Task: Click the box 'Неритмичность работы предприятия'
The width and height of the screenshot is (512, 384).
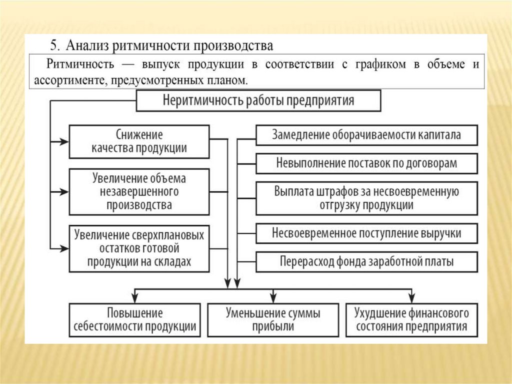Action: point(258,101)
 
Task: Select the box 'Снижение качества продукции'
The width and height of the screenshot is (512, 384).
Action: point(139,141)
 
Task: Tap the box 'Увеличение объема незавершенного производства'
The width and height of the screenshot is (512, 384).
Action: point(139,192)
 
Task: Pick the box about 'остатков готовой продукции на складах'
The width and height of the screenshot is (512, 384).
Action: point(139,248)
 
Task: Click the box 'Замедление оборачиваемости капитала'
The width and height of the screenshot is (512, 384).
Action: point(366,135)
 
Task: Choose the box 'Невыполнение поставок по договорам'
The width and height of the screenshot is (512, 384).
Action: point(366,163)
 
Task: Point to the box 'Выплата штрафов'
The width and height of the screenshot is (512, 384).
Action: point(366,198)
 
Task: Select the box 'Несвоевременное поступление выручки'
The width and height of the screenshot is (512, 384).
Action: point(366,233)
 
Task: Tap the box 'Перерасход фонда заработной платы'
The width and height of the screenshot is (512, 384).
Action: point(366,261)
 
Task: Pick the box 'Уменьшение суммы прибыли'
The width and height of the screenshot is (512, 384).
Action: point(273,320)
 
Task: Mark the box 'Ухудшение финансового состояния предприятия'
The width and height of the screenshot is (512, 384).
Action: point(411,320)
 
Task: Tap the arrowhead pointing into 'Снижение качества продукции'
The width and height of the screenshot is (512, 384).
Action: point(64,142)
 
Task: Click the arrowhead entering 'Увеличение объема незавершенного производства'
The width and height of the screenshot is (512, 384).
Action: point(64,192)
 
